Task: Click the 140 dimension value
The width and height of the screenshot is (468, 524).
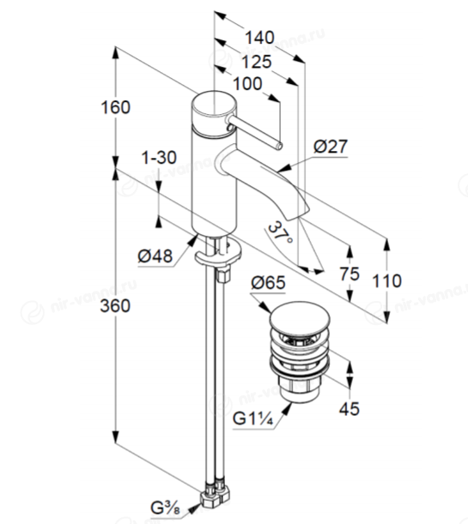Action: (259, 38)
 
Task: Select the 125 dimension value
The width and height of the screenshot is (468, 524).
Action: (257, 62)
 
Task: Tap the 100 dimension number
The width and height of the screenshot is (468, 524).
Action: (247, 83)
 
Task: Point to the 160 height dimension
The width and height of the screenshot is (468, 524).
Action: (115, 107)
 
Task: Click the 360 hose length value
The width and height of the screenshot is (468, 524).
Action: (115, 306)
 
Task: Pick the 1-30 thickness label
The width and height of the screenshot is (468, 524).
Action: (159, 158)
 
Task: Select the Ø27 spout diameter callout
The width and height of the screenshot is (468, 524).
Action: (331, 147)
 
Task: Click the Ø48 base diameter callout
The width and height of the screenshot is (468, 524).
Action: (155, 256)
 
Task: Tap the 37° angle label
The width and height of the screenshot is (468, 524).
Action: (281, 233)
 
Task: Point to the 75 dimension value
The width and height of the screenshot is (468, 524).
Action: (349, 274)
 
